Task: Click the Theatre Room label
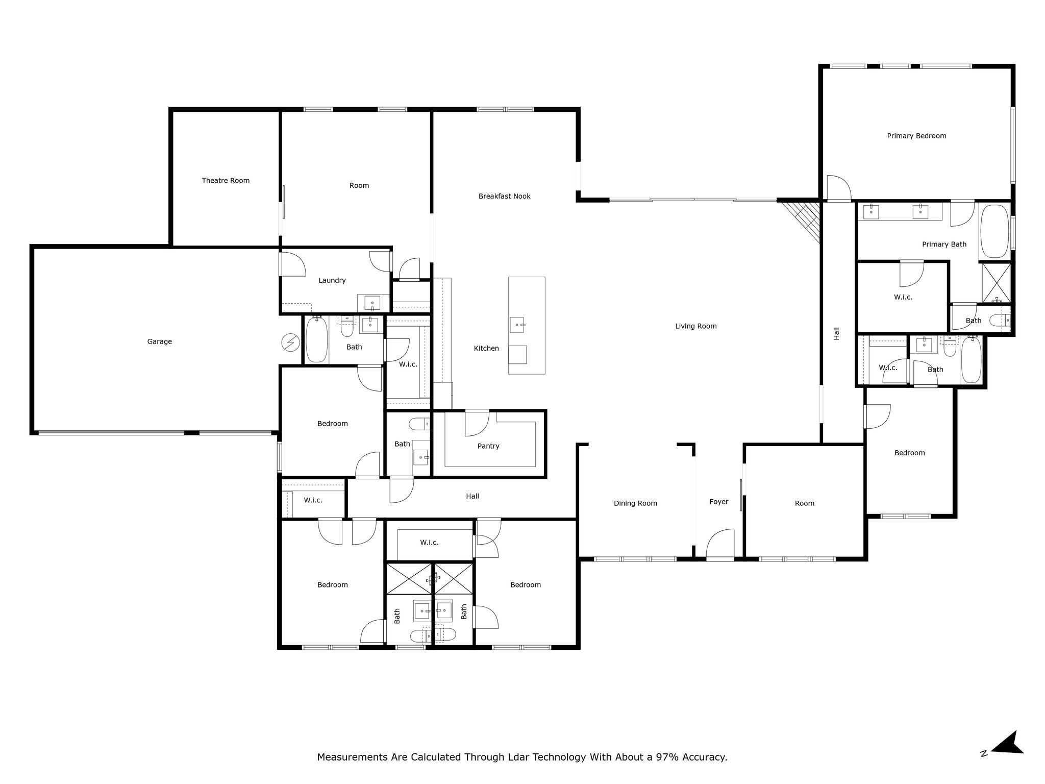pyautogui.click(x=226, y=180)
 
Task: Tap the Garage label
pyautogui.click(x=159, y=341)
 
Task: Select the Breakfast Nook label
pyautogui.click(x=504, y=196)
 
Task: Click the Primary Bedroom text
pyautogui.click(x=916, y=136)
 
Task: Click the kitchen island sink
pyautogui.click(x=518, y=325)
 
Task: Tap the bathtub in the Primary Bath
pyautogui.click(x=994, y=232)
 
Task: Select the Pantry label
pyautogui.click(x=488, y=446)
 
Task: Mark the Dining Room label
pyautogui.click(x=635, y=503)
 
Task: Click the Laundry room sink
pyautogui.click(x=372, y=303)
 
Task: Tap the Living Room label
pyautogui.click(x=695, y=326)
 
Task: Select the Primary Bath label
pyautogui.click(x=944, y=244)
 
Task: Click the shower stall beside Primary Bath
pyautogui.click(x=997, y=282)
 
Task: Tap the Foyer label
pyautogui.click(x=718, y=502)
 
